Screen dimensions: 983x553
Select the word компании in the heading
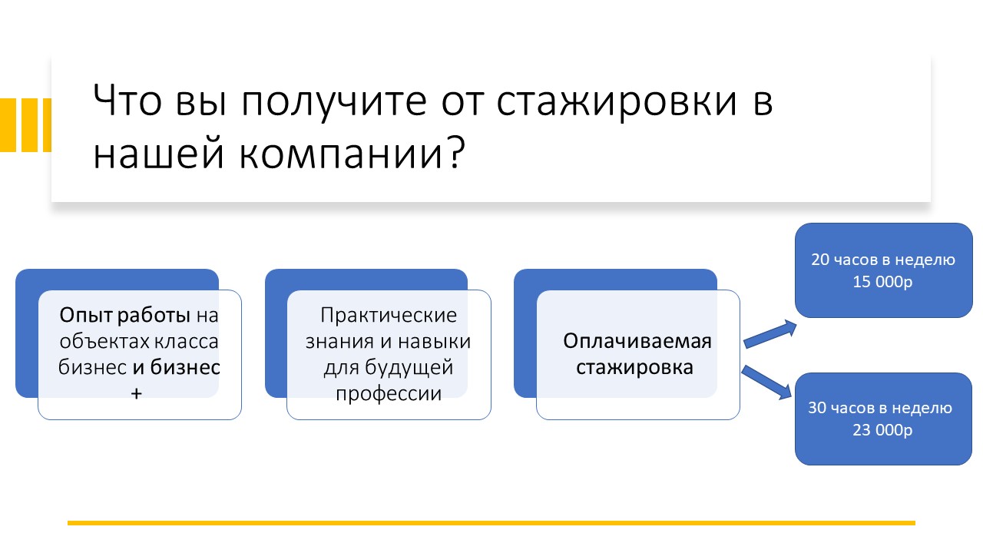click(340, 154)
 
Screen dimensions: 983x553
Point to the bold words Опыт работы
click(124, 316)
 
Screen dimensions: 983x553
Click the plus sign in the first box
click(136, 394)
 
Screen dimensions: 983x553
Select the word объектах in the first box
click(99, 341)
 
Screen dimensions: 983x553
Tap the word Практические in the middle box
click(389, 316)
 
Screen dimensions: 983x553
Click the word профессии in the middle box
click(389, 394)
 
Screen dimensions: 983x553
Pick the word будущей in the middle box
click(409, 368)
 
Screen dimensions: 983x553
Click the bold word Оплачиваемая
click(637, 341)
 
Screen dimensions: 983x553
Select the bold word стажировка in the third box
click(634, 367)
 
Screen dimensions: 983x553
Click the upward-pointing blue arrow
click(770, 334)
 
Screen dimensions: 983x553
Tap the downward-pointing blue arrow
click(766, 382)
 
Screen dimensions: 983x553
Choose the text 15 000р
click(882, 282)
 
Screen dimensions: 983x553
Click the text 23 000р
click(882, 430)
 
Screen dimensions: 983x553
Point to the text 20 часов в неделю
click(883, 260)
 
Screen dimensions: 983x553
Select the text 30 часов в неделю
click(880, 408)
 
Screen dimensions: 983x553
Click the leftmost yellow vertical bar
click(8, 125)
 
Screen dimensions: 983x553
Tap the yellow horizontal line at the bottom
click(491, 523)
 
